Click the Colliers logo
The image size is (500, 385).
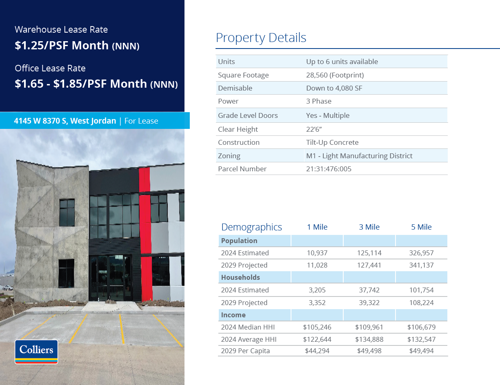[36, 351]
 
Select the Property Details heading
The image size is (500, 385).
[261, 38]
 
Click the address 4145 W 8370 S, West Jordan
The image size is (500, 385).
[65, 121]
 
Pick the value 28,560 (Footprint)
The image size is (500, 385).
[335, 75]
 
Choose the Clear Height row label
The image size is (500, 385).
[238, 129]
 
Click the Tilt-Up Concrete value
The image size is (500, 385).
[332, 142]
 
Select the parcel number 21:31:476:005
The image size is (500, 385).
[329, 169]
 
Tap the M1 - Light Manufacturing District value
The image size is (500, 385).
[359, 156]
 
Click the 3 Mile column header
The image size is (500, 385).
[369, 227]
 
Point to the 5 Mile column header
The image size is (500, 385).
[421, 227]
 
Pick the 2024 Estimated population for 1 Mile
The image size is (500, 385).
[317, 253]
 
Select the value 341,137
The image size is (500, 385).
[421, 265]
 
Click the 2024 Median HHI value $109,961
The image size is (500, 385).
[369, 327]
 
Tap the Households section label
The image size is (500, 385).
[240, 277]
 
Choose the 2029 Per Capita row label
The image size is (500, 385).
[245, 351]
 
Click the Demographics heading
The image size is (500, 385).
[251, 227]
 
